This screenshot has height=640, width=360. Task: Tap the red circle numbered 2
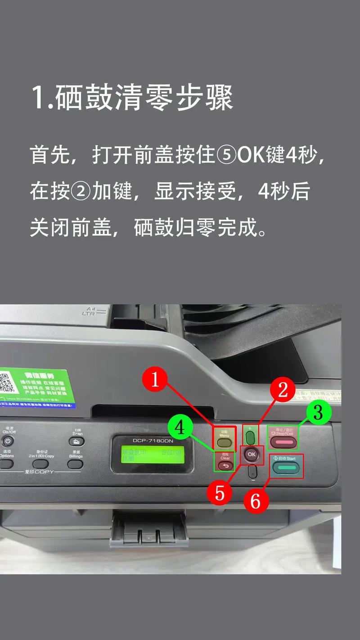click(x=283, y=390)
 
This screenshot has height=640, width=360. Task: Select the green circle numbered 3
click(x=319, y=413)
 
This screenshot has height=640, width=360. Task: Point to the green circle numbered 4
click(x=180, y=428)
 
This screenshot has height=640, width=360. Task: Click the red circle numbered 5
click(x=220, y=493)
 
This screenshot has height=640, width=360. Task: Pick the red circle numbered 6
click(x=256, y=501)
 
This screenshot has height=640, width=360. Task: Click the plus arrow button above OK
click(x=251, y=437)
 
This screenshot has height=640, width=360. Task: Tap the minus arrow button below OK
click(x=252, y=472)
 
